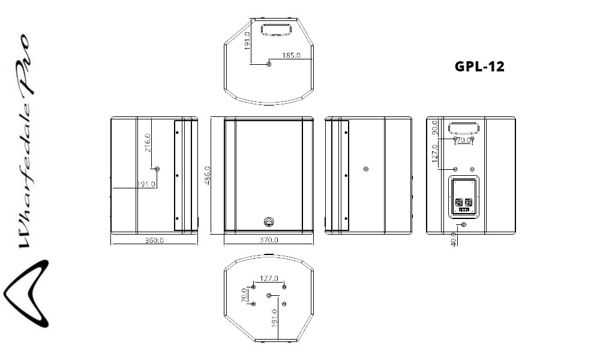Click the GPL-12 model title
[x=479, y=67]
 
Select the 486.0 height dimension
[x=208, y=175]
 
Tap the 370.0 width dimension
[x=269, y=240]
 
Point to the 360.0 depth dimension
[x=154, y=240]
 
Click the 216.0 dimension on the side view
[x=148, y=143]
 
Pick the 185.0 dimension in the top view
[x=291, y=55]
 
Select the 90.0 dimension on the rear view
[x=434, y=127]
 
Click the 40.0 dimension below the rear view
[x=454, y=239]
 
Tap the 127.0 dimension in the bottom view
[x=269, y=278]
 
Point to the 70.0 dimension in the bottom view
[x=244, y=295]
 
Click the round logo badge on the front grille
[x=269, y=221]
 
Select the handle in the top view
[x=276, y=30]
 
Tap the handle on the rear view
[x=464, y=127]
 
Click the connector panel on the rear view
[x=464, y=197]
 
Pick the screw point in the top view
[x=269, y=64]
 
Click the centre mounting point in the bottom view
[x=269, y=295]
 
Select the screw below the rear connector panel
[x=464, y=224]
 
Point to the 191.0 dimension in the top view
[x=247, y=41]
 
